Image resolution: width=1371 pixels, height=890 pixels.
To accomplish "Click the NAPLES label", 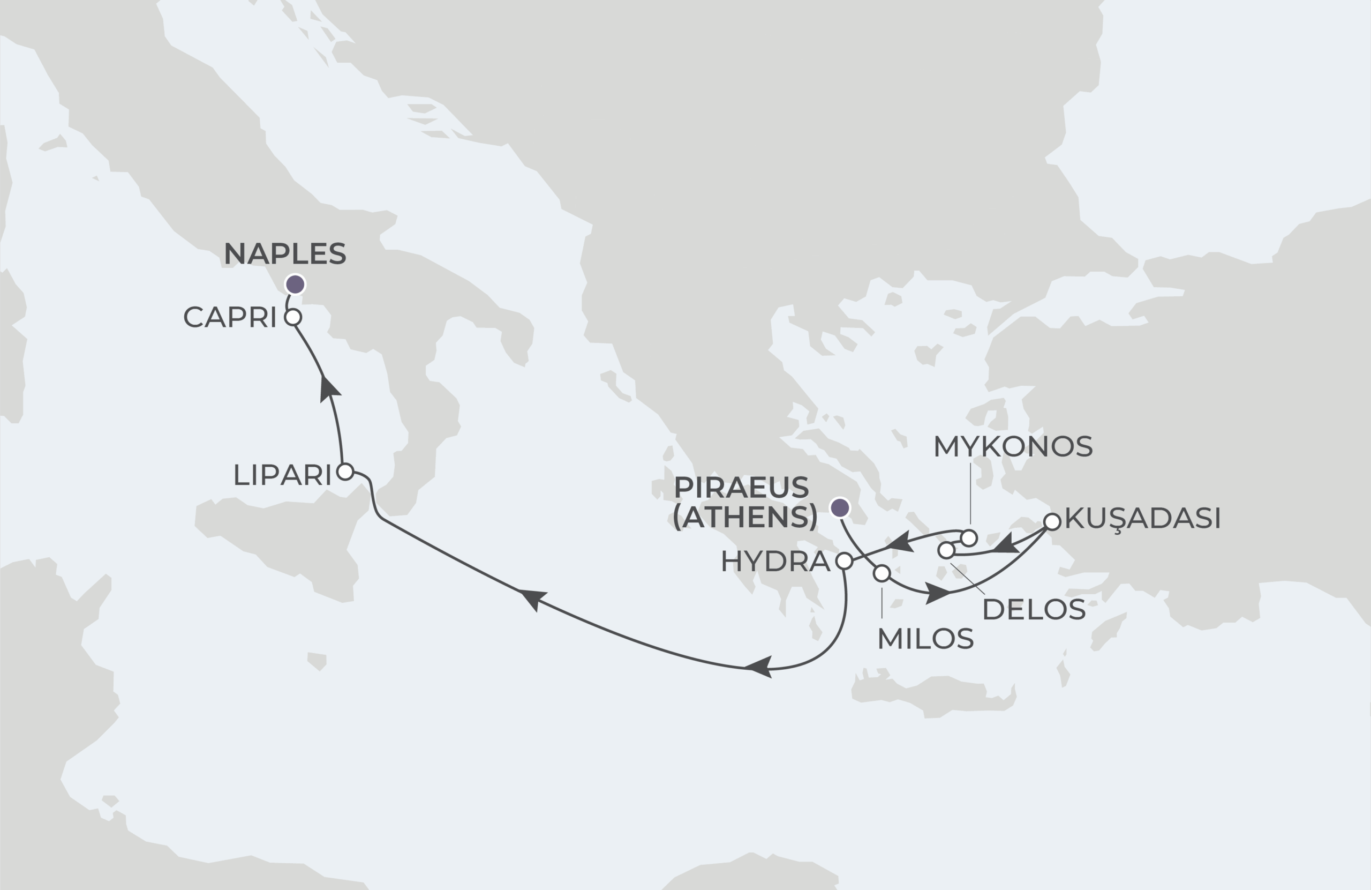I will tap(284, 253).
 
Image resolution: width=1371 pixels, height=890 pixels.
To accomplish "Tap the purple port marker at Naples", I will tap(296, 284).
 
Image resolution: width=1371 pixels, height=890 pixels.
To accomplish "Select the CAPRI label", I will tap(230, 317).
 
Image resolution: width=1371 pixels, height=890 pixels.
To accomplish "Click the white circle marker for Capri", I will tap(293, 317).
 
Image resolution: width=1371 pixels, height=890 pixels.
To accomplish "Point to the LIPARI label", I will tap(282, 475).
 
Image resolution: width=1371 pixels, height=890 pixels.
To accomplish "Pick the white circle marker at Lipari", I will tap(345, 472).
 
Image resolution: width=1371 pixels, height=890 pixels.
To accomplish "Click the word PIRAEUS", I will tap(741, 488).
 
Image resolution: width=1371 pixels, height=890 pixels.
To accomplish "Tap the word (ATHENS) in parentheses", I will tap(745, 517).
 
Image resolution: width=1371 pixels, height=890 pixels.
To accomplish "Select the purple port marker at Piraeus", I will tap(840, 508).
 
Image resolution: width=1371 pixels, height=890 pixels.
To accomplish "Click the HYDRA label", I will tap(775, 562).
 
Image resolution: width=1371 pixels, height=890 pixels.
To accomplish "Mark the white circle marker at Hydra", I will tap(844, 561).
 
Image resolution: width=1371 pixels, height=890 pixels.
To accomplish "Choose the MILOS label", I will tap(925, 639).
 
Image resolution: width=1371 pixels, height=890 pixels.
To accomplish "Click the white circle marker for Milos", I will tap(882, 573).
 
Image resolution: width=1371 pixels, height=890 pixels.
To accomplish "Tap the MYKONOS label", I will tap(1013, 447).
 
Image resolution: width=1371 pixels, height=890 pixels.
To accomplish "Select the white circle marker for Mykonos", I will tap(969, 538).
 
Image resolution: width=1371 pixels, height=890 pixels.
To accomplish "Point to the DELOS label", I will tap(1034, 610).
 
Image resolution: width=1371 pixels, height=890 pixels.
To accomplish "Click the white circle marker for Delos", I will tap(946, 550).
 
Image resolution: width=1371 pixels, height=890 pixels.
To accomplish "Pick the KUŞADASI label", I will tap(1143, 518).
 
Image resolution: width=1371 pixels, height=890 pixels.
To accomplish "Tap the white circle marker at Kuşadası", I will tap(1052, 522).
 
